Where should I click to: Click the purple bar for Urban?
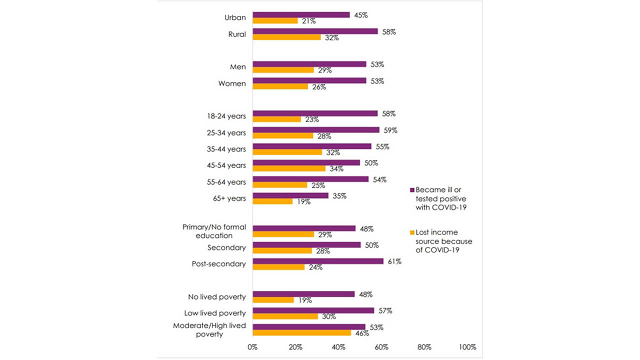coord(301,15)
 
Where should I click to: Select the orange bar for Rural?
coord(286,37)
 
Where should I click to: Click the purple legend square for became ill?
coord(412,190)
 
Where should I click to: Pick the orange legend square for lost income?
coord(412,232)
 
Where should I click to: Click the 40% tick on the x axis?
coord(338,347)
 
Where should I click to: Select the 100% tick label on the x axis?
coord(467,347)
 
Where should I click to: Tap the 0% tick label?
coord(252,347)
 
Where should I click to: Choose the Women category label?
coord(232,83)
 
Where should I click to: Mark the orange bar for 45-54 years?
coord(289,168)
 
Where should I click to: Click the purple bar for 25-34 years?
coord(316,130)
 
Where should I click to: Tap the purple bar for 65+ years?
coord(290,195)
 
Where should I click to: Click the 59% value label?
coord(390,130)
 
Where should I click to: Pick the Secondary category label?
coord(226,247)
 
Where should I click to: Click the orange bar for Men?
coord(283,70)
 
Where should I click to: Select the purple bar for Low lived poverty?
coord(313,310)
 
